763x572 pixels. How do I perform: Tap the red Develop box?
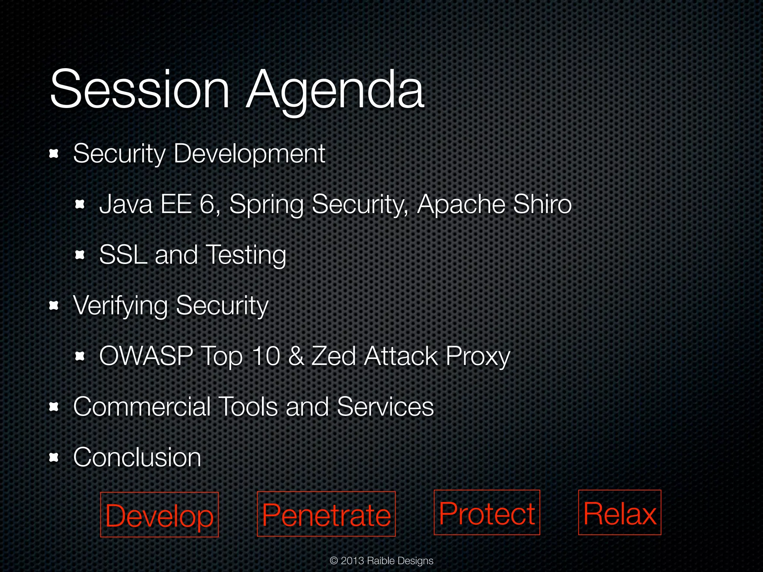click(x=159, y=515)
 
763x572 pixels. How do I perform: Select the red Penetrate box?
click(x=326, y=514)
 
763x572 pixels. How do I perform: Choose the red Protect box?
click(x=487, y=512)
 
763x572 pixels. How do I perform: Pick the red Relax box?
click(x=620, y=512)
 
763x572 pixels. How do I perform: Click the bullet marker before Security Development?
click(x=54, y=154)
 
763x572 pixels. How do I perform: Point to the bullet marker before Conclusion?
click(x=54, y=457)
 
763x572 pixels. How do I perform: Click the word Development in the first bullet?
click(x=249, y=154)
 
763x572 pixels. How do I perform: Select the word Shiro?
click(x=542, y=204)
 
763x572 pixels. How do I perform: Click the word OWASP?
click(x=146, y=356)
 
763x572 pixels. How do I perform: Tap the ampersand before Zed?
click(x=296, y=356)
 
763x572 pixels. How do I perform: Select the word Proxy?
click(x=478, y=357)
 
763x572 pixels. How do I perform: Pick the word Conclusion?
click(x=137, y=457)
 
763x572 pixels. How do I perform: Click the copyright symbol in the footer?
click(x=334, y=560)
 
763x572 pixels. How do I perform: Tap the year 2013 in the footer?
click(x=352, y=560)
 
